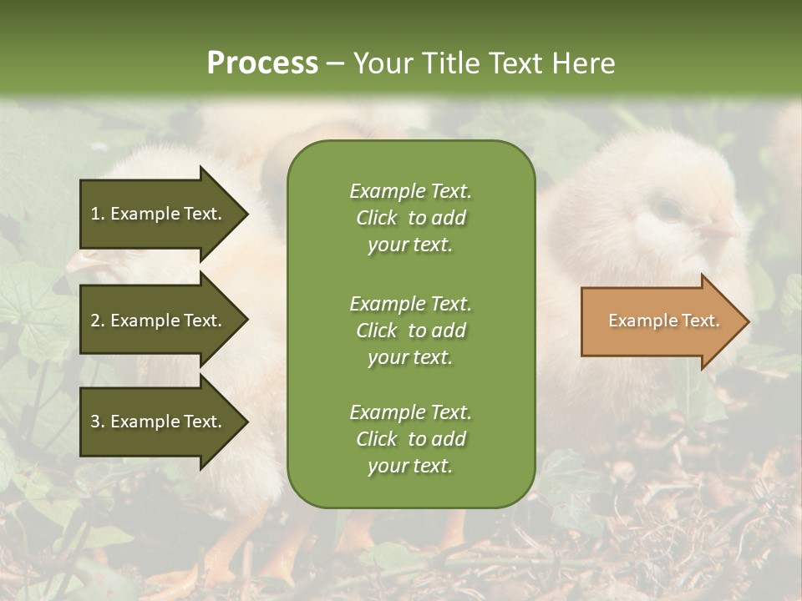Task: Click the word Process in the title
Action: pyautogui.click(x=262, y=63)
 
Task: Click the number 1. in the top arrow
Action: pyautogui.click(x=98, y=214)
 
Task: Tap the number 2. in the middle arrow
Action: pyautogui.click(x=98, y=321)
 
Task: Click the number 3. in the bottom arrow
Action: pyautogui.click(x=98, y=422)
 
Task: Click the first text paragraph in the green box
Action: pyautogui.click(x=410, y=218)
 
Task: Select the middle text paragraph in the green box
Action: pyautogui.click(x=410, y=331)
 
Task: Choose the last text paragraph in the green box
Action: pyautogui.click(x=410, y=439)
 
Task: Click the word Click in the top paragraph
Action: pyautogui.click(x=376, y=218)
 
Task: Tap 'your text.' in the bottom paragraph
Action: pyautogui.click(x=410, y=467)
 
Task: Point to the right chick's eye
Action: pyautogui.click(x=668, y=209)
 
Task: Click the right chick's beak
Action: pyautogui.click(x=725, y=229)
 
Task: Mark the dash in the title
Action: pyautogui.click(x=335, y=63)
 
